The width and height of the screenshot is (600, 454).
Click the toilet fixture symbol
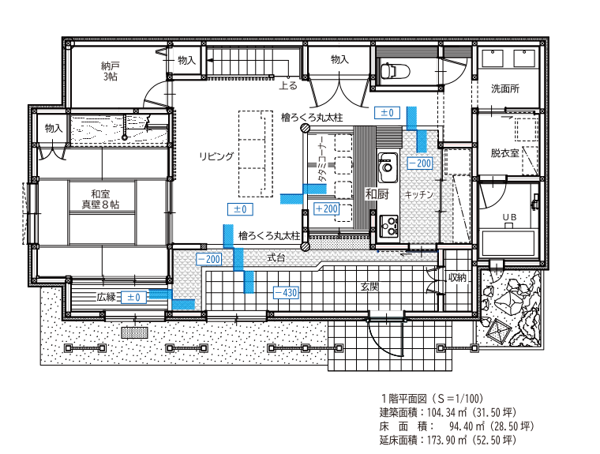click(395, 71)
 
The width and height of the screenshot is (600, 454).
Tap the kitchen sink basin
click(388, 167)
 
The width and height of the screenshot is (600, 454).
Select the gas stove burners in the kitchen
click(388, 226)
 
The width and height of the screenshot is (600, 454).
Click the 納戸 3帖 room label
click(110, 71)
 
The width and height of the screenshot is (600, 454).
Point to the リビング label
click(216, 156)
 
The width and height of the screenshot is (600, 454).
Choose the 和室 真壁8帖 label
click(100, 200)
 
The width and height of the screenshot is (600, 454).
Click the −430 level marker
click(286, 293)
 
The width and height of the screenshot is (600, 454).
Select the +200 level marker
click(326, 208)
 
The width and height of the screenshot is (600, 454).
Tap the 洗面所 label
click(505, 88)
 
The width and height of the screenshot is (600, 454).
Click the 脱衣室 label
click(505, 153)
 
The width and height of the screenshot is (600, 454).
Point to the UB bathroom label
click(509, 217)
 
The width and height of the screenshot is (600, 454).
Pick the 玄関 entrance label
click(369, 287)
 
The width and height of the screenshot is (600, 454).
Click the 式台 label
click(276, 258)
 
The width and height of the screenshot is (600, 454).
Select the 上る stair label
click(287, 85)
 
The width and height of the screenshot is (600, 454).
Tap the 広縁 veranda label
click(106, 297)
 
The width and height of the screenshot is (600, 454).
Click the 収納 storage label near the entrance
click(457, 277)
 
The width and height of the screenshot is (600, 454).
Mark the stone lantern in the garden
click(499, 329)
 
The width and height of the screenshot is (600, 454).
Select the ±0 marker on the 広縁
click(133, 297)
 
